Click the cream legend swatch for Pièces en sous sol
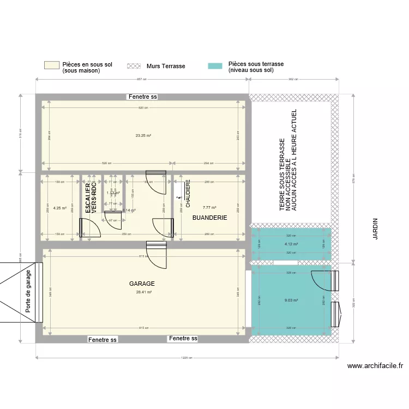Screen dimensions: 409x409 click(51, 65)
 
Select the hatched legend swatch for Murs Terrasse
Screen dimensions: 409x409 click(134, 66)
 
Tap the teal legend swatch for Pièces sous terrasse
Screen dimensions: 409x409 click(215, 66)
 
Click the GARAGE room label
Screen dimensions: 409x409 click(142, 284)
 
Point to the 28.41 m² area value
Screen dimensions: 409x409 click(143, 292)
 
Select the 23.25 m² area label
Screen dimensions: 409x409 click(143, 135)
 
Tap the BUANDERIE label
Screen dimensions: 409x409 click(209, 218)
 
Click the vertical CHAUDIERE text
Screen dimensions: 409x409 click(188, 195)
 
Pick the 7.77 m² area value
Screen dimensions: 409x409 click(209, 207)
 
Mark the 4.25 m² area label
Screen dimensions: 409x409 click(60, 208)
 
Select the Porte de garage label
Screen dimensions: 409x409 click(28, 292)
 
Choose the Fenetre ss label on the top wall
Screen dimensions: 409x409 click(142, 97)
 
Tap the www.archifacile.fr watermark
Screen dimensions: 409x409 click(375, 366)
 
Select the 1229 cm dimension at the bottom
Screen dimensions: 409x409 click(187, 358)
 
